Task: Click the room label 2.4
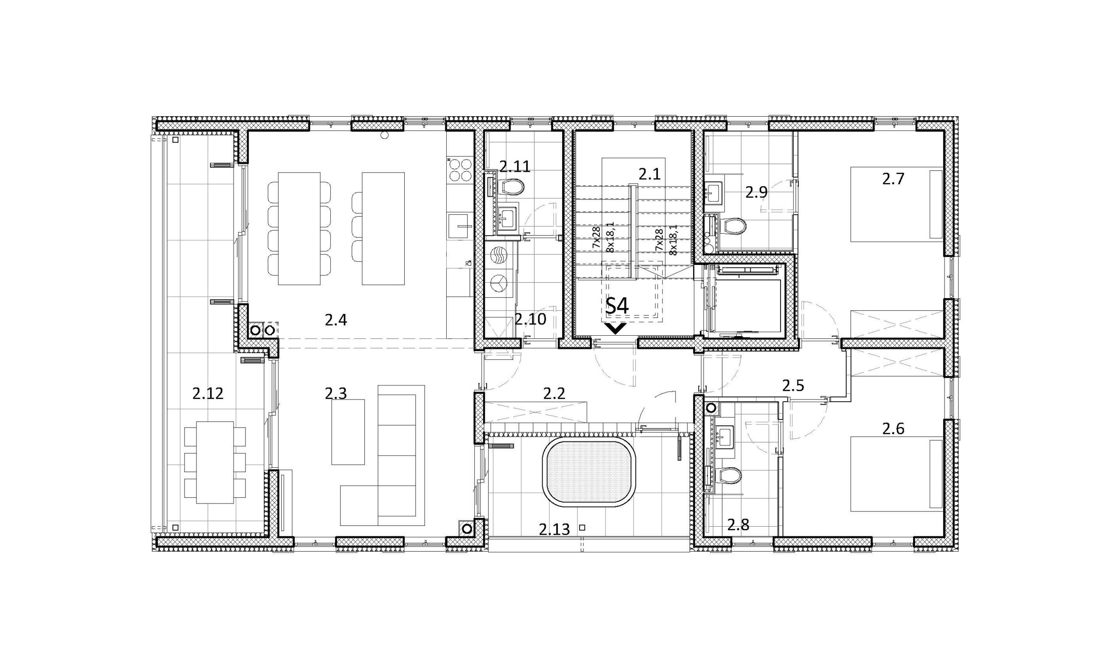336,320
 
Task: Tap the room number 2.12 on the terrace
208,394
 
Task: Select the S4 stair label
617,306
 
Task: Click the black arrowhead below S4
615,329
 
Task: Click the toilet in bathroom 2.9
732,226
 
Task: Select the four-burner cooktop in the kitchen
460,170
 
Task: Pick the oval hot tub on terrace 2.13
589,474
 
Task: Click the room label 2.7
893,179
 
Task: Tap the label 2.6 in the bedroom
893,429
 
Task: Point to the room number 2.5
793,386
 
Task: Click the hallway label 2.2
554,394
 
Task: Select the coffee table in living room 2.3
348,432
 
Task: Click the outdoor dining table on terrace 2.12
215,462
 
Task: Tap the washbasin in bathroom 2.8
724,435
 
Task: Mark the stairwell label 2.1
650,174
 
